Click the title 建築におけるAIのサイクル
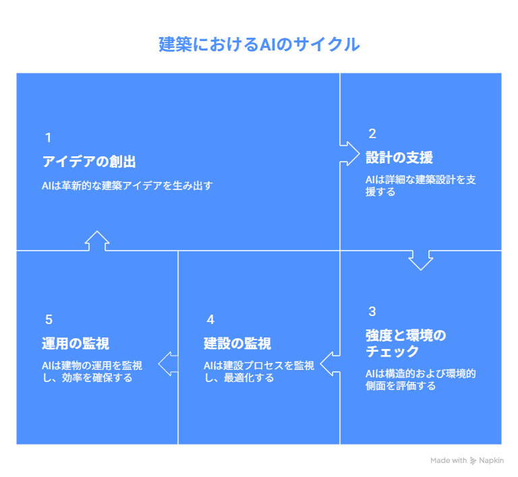(259, 44)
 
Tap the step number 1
(49, 138)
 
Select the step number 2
(372, 134)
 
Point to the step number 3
(372, 311)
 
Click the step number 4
(210, 319)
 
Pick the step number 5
(49, 319)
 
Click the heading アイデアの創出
(89, 162)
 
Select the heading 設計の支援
(399, 158)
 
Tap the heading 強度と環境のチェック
(405, 344)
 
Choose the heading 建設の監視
(237, 344)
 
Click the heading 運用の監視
(76, 344)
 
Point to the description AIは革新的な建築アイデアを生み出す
(127, 186)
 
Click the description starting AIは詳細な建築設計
(421, 186)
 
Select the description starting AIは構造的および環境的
(421, 380)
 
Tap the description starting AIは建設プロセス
(259, 371)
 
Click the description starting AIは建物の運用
(92, 371)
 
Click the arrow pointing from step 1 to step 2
(349, 154)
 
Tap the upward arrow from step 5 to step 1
(97, 241)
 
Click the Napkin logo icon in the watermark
(473, 461)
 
